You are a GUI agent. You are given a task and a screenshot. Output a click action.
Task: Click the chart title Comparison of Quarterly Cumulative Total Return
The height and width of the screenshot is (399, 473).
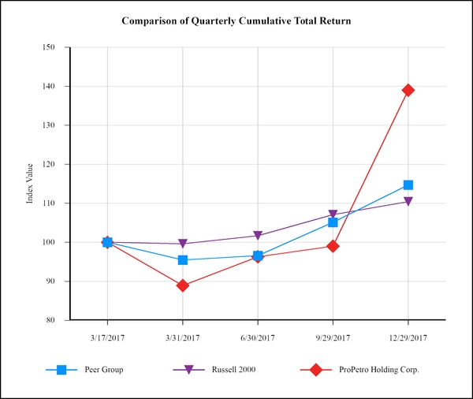(236, 20)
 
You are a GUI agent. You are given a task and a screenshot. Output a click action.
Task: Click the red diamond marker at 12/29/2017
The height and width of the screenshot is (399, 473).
(408, 90)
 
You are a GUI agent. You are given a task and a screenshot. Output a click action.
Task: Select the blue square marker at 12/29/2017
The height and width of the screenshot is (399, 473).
(408, 185)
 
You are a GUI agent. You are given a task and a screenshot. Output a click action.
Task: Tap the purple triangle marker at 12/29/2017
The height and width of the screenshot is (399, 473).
(408, 202)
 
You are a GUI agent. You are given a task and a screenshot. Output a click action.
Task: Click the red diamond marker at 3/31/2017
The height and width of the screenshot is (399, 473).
(183, 285)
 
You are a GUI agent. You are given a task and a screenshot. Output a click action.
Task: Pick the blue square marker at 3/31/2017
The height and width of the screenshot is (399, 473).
(183, 259)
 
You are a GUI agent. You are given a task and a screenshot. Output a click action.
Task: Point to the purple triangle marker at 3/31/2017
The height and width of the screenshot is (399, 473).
(183, 244)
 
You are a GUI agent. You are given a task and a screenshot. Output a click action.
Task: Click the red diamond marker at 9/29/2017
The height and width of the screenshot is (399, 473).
(333, 246)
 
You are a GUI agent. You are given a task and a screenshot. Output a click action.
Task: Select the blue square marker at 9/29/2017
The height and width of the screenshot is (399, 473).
(333, 222)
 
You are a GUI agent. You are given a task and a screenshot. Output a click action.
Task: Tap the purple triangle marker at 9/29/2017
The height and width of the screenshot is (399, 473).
(333, 214)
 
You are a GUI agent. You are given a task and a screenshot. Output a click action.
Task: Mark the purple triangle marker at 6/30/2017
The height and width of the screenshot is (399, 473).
(258, 236)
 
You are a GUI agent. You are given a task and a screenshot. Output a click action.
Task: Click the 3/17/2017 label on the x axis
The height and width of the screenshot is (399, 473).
(107, 337)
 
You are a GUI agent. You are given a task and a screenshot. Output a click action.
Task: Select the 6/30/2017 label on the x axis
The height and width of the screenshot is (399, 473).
(258, 337)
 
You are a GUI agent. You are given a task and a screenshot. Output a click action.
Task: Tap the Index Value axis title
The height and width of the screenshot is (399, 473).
(30, 184)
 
